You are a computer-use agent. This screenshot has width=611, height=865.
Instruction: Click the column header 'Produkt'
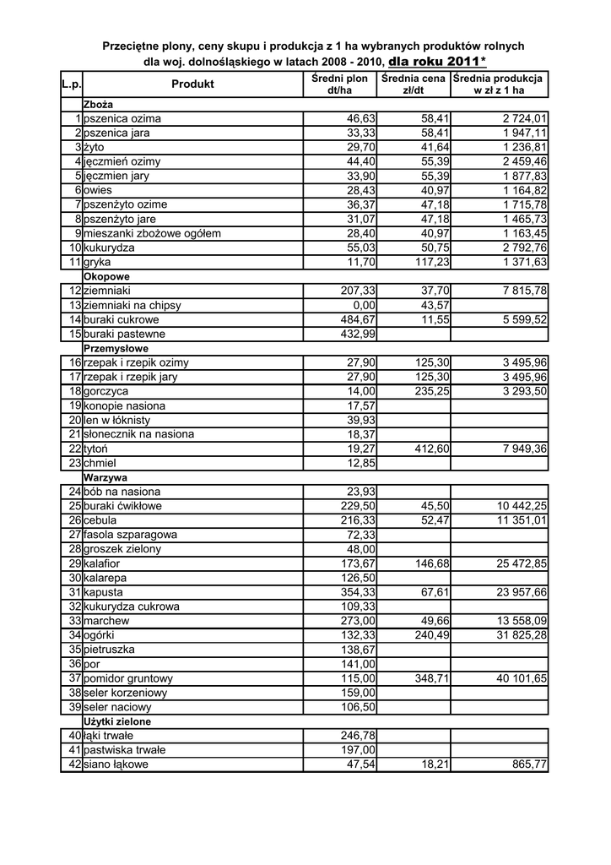(x=192, y=84)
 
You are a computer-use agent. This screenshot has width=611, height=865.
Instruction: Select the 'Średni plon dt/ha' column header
(x=339, y=84)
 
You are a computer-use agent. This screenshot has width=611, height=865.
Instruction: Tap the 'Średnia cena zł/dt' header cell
(x=413, y=84)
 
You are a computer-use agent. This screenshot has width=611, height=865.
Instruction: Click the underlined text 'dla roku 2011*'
(x=437, y=62)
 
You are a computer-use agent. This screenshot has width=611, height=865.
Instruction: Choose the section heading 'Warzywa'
(x=104, y=477)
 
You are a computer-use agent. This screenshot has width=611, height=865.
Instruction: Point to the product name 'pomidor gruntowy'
(x=128, y=678)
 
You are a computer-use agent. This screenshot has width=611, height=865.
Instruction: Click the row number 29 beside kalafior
(x=74, y=563)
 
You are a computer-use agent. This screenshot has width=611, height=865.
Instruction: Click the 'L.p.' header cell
(x=72, y=84)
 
